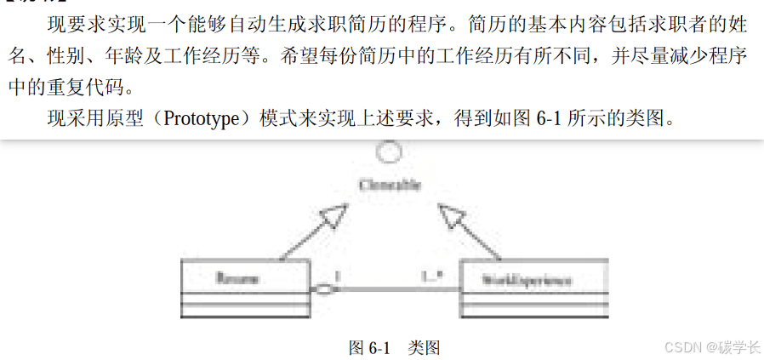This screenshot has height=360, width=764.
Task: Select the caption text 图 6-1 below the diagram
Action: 369,347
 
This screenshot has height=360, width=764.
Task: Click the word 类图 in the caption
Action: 423,347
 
